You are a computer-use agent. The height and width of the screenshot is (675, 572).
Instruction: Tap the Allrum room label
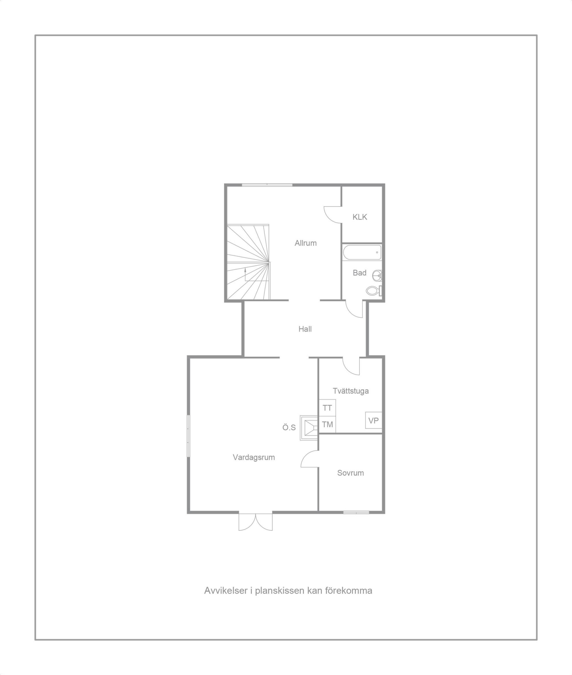pyautogui.click(x=305, y=243)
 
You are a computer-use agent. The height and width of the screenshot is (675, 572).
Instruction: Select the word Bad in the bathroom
pyautogui.click(x=360, y=273)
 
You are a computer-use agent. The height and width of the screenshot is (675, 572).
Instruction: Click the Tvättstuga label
pyautogui.click(x=351, y=391)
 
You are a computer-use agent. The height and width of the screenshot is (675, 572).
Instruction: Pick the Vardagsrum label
pyautogui.click(x=254, y=458)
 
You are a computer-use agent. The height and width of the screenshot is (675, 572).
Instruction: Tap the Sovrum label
pyautogui.click(x=351, y=473)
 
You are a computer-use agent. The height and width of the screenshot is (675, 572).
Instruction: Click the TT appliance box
pyautogui.click(x=327, y=408)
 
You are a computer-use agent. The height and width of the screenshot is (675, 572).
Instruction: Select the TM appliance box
pyautogui.click(x=327, y=424)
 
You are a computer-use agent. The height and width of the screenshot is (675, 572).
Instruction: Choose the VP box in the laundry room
pyautogui.click(x=374, y=420)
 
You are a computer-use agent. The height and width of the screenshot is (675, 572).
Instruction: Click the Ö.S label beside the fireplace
pyautogui.click(x=289, y=428)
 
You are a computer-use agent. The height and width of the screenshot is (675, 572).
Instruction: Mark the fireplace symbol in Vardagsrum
pyautogui.click(x=309, y=428)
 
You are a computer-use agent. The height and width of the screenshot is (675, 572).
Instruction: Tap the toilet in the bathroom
pyautogui.click(x=375, y=291)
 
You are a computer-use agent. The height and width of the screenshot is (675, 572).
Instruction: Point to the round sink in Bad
pyautogui.click(x=377, y=276)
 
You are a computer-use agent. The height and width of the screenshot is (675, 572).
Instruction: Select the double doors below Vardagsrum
pyautogui.click(x=255, y=522)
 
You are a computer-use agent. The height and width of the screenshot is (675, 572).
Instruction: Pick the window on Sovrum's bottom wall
pyautogui.click(x=356, y=512)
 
